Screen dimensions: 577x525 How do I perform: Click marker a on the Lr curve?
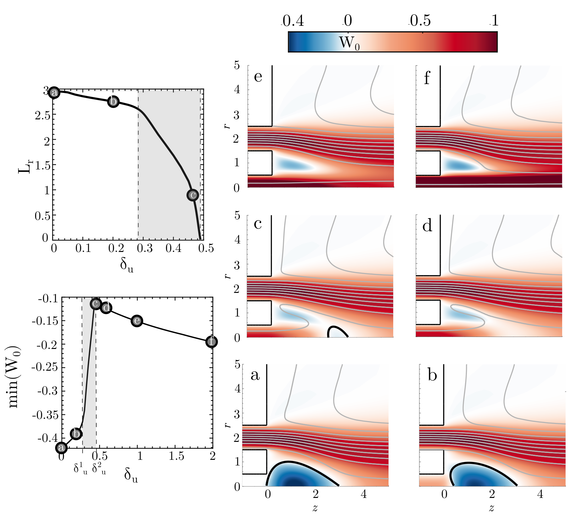(x=54, y=93)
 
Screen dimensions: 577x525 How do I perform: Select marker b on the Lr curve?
(x=113, y=101)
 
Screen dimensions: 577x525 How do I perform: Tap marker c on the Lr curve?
(x=193, y=195)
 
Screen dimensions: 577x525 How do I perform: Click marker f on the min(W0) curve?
(x=211, y=342)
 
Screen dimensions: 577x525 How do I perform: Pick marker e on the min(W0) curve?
(x=137, y=321)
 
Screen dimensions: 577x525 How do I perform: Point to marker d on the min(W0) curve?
(x=106, y=308)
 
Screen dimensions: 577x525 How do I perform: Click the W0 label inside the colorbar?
(x=349, y=43)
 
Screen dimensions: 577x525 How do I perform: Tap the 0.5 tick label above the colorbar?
(x=420, y=20)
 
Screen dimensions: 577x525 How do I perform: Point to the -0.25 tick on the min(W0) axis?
(x=48, y=367)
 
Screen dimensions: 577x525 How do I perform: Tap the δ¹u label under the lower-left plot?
(x=81, y=468)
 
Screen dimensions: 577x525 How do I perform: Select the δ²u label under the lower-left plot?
(x=99, y=468)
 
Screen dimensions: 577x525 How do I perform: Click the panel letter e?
(x=258, y=77)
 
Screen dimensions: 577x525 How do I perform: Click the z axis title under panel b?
(x=491, y=508)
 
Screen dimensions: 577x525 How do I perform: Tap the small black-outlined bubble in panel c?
(x=338, y=331)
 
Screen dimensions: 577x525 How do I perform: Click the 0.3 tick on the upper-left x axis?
(x=145, y=248)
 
